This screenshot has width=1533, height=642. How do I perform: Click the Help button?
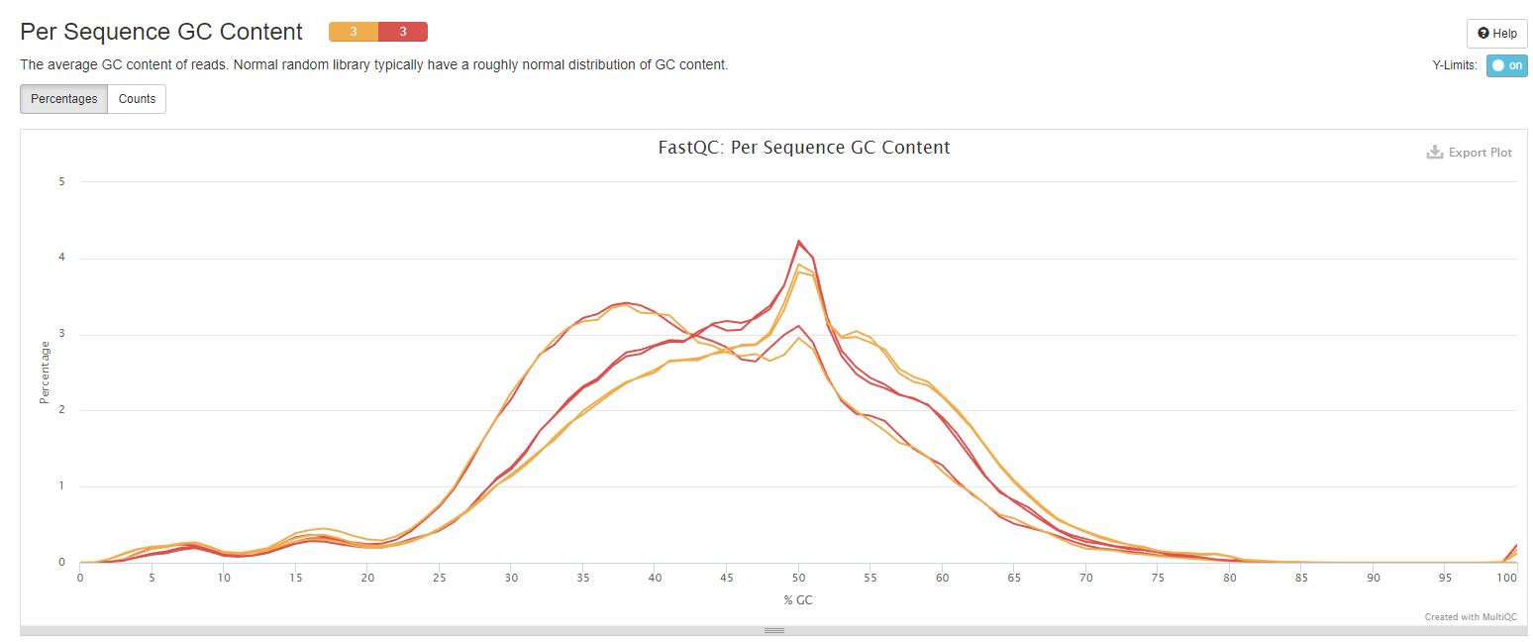(x=1496, y=33)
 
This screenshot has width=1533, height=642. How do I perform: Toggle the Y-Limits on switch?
(x=1506, y=65)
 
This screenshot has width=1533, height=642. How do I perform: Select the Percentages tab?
(x=63, y=99)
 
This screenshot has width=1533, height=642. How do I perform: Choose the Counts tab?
(x=137, y=99)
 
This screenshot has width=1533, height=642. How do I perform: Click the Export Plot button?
(x=1470, y=153)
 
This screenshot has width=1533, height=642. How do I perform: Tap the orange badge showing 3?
(x=354, y=32)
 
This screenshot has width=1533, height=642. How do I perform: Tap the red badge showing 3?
(x=403, y=32)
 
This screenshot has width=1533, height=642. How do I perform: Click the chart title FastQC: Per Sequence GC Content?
(x=804, y=148)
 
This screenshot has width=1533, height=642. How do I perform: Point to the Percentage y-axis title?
(x=45, y=373)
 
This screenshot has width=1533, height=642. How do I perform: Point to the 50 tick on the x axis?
(x=797, y=577)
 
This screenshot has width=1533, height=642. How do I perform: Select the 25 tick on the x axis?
(x=440, y=577)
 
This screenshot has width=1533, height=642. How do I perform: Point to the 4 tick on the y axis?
(x=61, y=258)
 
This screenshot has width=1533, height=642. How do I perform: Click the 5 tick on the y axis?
(x=61, y=181)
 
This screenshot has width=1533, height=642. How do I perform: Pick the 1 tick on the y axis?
(x=61, y=486)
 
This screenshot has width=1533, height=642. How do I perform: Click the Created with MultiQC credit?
(x=1470, y=617)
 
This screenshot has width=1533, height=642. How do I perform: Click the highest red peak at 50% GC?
(x=798, y=241)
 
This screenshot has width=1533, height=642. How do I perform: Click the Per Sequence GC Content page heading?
(x=161, y=32)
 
